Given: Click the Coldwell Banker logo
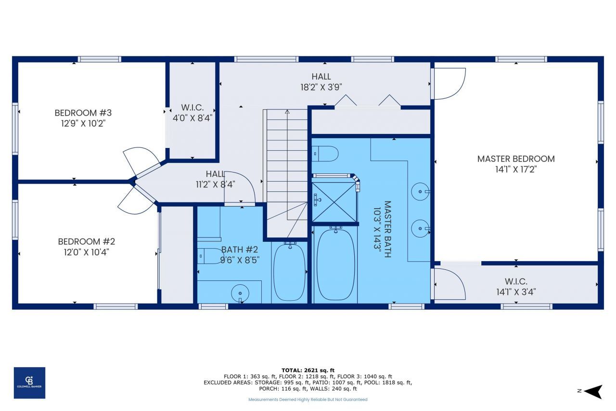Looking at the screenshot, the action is tap(29, 383).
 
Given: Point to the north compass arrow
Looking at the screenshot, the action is tap(593, 391).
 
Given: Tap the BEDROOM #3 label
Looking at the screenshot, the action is tap(83, 113).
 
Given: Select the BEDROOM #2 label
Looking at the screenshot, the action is tap(86, 242).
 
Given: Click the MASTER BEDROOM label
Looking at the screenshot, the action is tap(516, 159).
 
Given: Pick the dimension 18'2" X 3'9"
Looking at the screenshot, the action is tap(321, 87).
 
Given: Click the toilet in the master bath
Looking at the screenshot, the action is tap(325, 154).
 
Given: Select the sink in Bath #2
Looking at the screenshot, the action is tap(240, 293).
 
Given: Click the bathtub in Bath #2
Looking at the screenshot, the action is tap(289, 272).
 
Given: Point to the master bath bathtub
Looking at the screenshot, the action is tap(335, 264).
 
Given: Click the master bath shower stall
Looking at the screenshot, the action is tap(334, 202).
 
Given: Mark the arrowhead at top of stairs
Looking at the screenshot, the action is tap(287, 111).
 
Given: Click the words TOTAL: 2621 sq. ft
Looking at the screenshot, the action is tap(308, 370).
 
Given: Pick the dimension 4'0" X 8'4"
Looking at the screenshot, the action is tap(192, 118).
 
